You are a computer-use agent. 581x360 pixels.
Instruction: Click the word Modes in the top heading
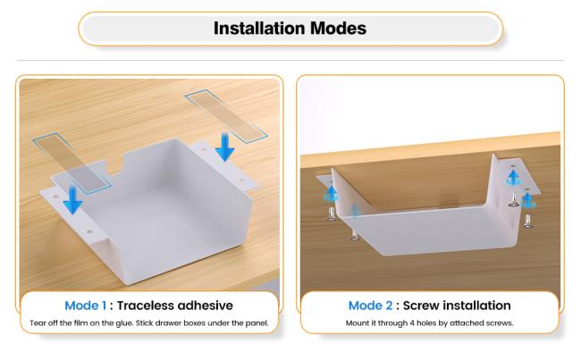coord(338,29)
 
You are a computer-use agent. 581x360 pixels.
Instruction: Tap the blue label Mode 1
coord(86,306)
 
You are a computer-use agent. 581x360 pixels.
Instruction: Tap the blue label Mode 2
coord(370,306)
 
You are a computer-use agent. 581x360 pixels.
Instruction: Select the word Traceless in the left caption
coord(146,306)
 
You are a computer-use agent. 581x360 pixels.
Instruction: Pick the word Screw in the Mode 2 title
coord(421,306)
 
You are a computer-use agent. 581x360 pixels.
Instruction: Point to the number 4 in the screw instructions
coord(412,323)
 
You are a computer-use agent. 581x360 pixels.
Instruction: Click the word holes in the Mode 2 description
coord(426,323)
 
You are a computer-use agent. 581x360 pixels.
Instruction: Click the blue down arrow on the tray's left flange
coord(72,199)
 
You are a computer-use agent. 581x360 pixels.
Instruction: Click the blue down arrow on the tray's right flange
coord(224,147)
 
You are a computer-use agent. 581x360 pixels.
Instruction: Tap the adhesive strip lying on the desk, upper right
coord(226,115)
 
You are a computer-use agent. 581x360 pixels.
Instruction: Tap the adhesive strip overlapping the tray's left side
coord(72,163)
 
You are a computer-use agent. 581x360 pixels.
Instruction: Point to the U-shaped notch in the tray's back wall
coord(116,166)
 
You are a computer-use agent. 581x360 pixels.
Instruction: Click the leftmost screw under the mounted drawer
coord(332,214)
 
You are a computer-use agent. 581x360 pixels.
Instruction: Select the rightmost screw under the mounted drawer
coord(528,222)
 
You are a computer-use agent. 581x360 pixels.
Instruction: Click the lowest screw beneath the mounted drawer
coord(355,236)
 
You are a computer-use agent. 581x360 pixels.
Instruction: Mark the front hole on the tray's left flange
coord(89,232)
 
